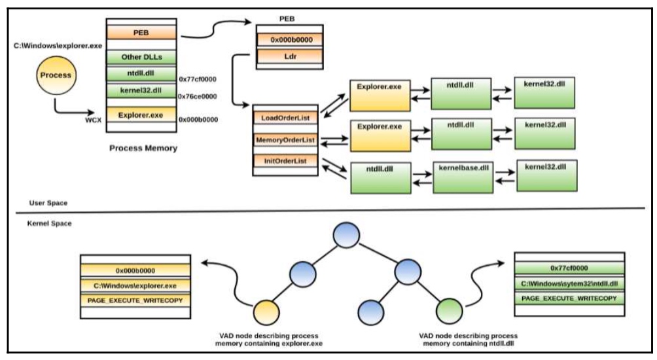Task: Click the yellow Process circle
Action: tap(56, 75)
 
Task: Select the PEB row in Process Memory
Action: tap(141, 33)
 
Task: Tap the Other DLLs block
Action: tap(141, 57)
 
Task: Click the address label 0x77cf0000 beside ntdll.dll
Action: tap(198, 79)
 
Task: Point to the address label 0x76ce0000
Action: tap(198, 96)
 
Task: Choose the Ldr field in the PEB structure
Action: tap(290, 56)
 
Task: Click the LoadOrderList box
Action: tap(285, 118)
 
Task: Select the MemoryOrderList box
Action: tap(285, 139)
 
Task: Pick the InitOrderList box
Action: tap(285, 160)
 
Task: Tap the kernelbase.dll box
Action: tap(463, 177)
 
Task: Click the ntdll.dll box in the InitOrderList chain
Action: tap(380, 178)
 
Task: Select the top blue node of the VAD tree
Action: tap(346, 235)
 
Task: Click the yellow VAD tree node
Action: tap(266, 313)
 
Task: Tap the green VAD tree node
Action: tap(449, 311)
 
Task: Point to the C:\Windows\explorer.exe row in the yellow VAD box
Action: tap(135, 286)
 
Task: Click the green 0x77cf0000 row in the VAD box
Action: tap(569, 268)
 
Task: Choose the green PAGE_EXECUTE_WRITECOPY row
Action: tap(569, 298)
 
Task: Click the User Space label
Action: tap(48, 203)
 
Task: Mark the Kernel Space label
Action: tap(50, 223)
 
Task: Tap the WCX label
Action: tap(93, 120)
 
